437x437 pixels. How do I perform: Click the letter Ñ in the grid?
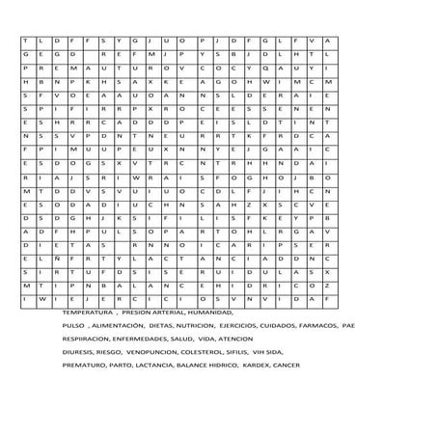pyautogui.click(x=57, y=259)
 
